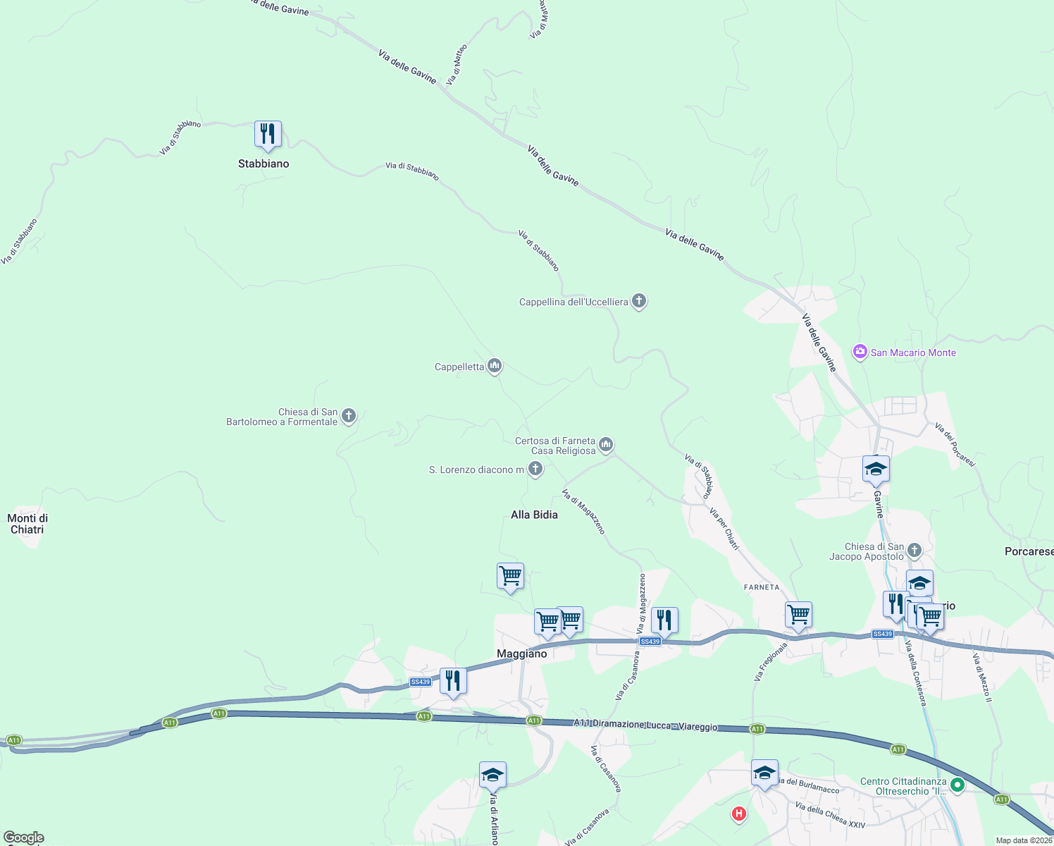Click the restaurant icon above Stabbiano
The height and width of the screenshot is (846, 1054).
click(x=268, y=133)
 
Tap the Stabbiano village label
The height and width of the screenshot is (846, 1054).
click(x=263, y=164)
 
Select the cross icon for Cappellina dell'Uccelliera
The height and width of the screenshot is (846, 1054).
click(x=639, y=302)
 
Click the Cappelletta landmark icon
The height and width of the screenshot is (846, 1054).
click(x=495, y=366)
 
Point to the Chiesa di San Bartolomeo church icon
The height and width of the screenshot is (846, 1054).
click(x=349, y=417)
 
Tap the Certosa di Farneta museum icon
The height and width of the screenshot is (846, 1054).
click(x=606, y=446)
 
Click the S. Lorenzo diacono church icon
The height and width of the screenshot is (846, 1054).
click(x=535, y=469)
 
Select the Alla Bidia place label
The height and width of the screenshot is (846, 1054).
click(x=534, y=515)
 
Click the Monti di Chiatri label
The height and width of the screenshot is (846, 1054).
click(x=27, y=524)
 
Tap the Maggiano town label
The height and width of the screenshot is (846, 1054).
click(x=521, y=654)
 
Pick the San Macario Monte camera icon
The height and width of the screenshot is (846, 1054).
click(x=860, y=352)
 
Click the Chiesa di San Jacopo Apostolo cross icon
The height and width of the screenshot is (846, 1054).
click(x=914, y=551)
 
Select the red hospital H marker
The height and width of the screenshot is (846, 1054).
click(x=738, y=814)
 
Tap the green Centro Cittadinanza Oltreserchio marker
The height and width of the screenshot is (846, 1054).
click(x=957, y=785)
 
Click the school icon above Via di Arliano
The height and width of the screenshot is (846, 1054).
click(x=492, y=775)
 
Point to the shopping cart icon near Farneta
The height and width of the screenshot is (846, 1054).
click(x=798, y=615)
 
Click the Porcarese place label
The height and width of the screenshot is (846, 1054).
click(x=1029, y=551)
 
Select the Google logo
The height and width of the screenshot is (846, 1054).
click(x=24, y=838)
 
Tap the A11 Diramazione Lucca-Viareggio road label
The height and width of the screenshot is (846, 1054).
click(x=645, y=725)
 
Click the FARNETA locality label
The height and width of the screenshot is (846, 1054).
click(x=762, y=587)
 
